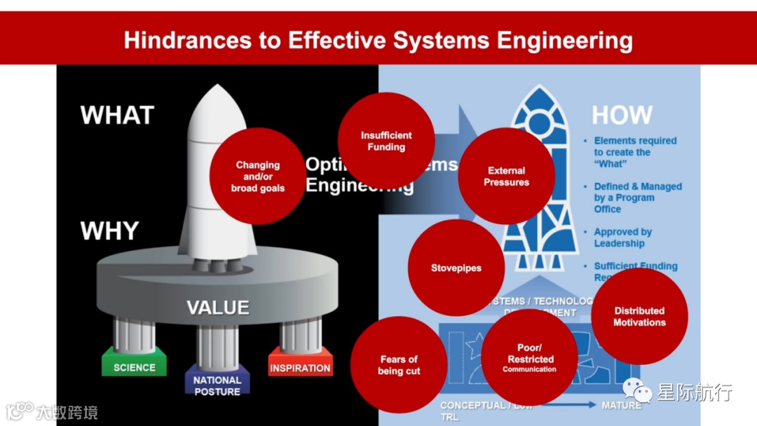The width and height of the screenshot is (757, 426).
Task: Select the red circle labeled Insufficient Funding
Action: (x=386, y=141)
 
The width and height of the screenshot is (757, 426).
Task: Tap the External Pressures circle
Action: (x=506, y=176)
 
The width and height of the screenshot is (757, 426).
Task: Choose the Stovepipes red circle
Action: (x=456, y=268)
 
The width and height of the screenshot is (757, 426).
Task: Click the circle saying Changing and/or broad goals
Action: (x=258, y=176)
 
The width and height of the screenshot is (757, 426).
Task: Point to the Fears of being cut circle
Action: (x=399, y=365)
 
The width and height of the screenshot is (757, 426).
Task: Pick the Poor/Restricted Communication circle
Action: (x=530, y=358)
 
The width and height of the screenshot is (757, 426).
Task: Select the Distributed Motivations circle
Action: (x=639, y=316)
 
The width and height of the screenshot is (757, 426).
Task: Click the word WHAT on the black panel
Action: (x=117, y=116)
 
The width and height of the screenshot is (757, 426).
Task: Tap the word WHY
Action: (x=109, y=231)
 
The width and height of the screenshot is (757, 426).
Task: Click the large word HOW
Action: (x=622, y=116)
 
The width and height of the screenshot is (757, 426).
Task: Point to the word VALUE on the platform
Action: (x=217, y=308)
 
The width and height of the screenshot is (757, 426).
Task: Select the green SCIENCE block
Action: (x=135, y=367)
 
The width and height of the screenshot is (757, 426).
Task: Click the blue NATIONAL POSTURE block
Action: (x=217, y=385)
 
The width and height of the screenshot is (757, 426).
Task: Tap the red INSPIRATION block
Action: (x=300, y=368)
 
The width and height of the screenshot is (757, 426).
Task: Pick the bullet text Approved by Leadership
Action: (x=622, y=238)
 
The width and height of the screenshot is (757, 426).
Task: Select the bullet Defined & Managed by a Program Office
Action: (x=637, y=198)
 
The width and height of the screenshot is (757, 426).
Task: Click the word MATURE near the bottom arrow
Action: (x=621, y=405)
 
